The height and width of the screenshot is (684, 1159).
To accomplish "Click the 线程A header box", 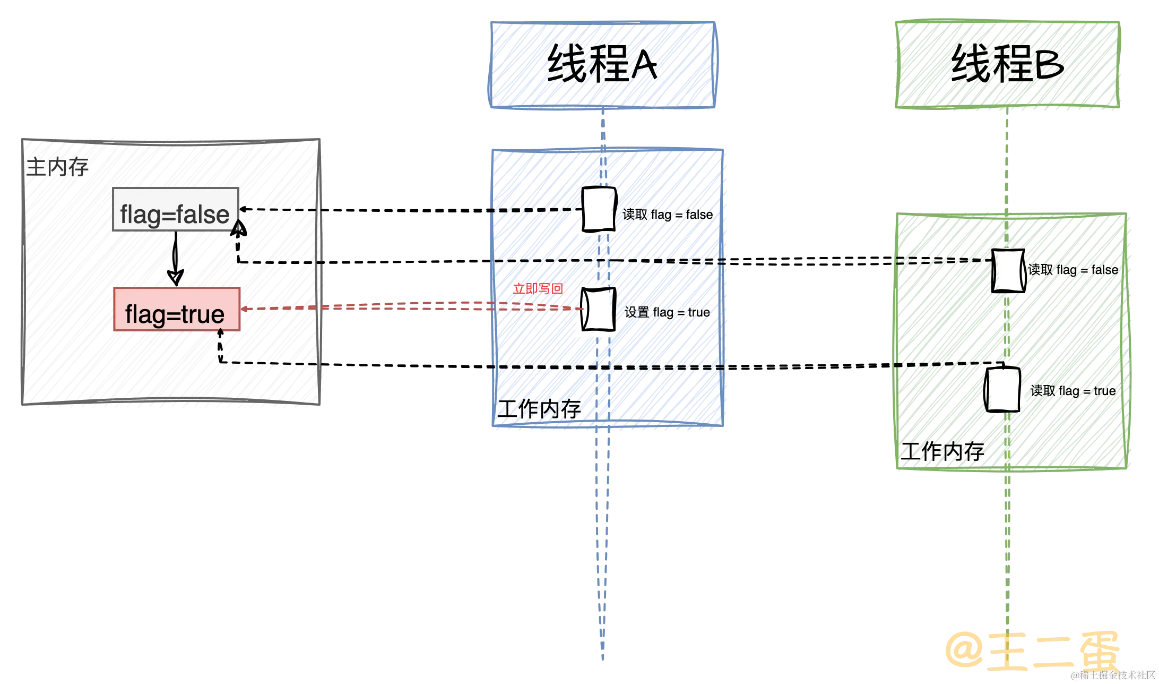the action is click(x=602, y=65).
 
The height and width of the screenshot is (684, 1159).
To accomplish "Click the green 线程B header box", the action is click(x=1007, y=64).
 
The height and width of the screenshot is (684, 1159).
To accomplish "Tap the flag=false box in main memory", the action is click(x=175, y=210).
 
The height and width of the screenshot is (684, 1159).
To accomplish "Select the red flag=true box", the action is click(x=176, y=310).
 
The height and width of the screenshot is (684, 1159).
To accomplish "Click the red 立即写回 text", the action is click(x=538, y=288).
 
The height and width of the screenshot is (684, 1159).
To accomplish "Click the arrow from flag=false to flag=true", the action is click(x=174, y=260).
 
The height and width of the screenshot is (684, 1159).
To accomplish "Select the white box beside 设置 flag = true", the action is click(x=598, y=309).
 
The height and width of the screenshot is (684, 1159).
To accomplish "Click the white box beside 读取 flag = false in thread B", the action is click(x=1007, y=270).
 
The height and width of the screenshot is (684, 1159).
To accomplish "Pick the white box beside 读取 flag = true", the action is click(x=1003, y=389).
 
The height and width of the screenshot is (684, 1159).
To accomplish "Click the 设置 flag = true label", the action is click(x=667, y=312).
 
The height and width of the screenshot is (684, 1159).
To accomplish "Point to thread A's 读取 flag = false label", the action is click(x=668, y=215).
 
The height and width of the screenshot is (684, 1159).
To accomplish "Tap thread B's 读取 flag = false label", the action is click(x=1072, y=270).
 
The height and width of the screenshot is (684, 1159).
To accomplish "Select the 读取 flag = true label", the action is click(x=1073, y=391).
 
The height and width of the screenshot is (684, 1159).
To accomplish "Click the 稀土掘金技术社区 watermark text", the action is click(x=1113, y=675).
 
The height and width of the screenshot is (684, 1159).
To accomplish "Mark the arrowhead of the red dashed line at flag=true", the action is click(x=245, y=309).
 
